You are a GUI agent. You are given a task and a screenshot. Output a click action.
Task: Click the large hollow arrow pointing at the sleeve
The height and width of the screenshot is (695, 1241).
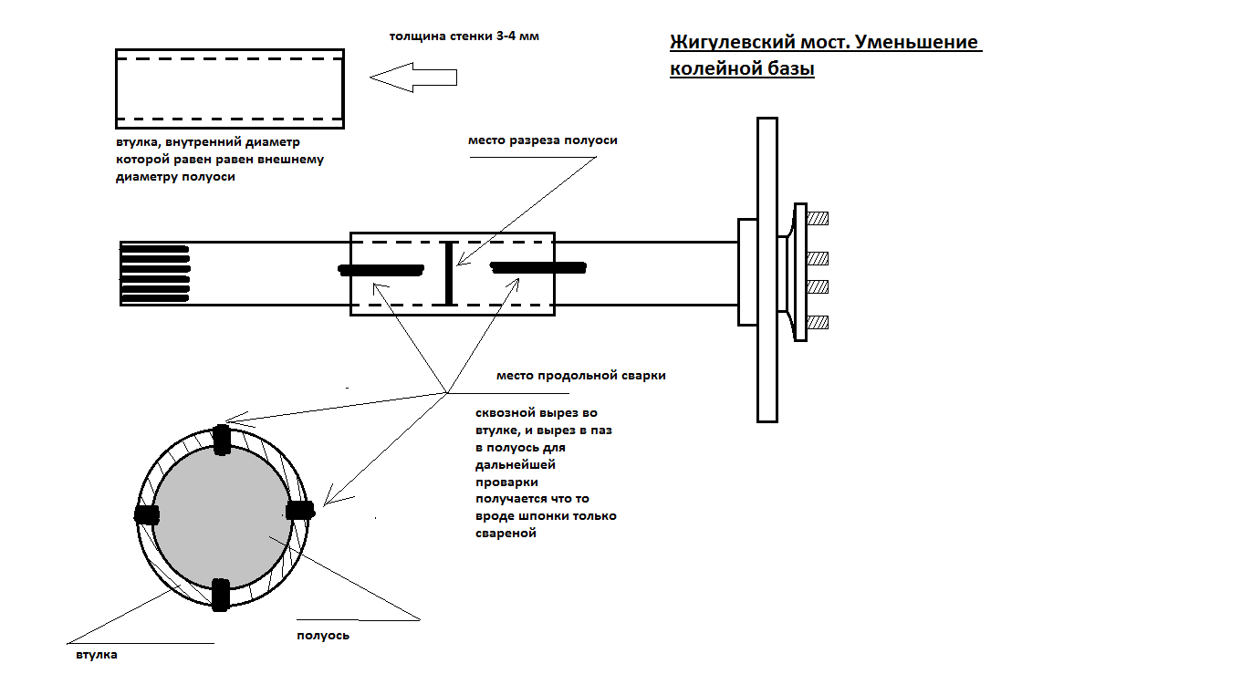point(412,78)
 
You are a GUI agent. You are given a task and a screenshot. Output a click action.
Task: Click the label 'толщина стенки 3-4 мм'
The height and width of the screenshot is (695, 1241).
point(459,36)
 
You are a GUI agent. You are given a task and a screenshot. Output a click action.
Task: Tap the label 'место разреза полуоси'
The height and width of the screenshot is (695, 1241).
point(542,140)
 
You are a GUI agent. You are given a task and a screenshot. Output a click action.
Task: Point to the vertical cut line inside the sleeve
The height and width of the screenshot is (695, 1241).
point(448,273)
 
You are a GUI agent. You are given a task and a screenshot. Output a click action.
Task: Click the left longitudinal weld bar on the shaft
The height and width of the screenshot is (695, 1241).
point(381,269)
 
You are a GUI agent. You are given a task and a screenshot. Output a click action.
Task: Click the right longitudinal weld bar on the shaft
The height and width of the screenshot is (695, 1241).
point(537,267)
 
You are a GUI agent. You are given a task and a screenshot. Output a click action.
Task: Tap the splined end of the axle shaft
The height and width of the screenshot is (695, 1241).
point(154,273)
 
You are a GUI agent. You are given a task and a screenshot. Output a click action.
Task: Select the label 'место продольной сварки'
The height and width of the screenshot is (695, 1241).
point(580,376)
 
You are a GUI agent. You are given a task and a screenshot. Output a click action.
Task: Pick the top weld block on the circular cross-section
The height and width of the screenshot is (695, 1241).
point(221,440)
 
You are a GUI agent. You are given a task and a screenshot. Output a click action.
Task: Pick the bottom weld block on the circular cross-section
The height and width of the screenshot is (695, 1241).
point(219,594)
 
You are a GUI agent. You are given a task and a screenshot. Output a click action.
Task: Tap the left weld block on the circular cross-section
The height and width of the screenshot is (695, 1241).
point(145,513)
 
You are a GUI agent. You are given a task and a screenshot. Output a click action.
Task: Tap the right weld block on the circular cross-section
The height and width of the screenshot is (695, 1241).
point(299,512)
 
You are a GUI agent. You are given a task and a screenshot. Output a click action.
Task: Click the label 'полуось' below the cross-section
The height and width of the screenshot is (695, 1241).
point(323,635)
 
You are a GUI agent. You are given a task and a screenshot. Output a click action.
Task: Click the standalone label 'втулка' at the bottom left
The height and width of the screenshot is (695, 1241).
point(96,654)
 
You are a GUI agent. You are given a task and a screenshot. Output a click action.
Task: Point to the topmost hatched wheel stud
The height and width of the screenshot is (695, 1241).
point(817,218)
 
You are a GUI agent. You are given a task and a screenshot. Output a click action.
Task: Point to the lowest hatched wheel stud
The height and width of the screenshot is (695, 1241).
point(817,322)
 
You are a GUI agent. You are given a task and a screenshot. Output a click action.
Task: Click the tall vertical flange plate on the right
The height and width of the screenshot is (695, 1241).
point(767,269)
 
